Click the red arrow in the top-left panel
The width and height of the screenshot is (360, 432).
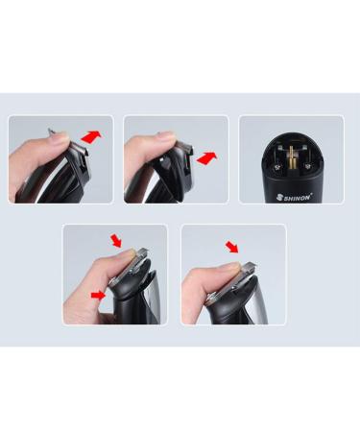tap(92, 137)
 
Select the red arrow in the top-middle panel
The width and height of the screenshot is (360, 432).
tap(207, 158)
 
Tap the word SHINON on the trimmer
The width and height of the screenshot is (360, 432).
tap(298, 198)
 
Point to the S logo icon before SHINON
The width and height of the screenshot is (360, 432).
tap(279, 198)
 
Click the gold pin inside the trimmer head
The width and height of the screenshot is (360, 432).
tap(292, 158)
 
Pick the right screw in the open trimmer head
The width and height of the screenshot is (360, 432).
tap(307, 166)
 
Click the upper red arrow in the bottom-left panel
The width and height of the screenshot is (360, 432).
tap(115, 241)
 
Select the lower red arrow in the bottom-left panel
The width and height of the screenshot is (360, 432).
tap(98, 296)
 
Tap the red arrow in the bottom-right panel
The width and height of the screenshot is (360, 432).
tap(232, 247)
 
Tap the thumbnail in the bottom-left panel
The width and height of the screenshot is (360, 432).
tap(130, 253)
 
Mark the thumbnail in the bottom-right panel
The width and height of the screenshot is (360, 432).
tap(236, 266)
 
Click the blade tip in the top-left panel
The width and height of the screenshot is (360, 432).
tap(50, 130)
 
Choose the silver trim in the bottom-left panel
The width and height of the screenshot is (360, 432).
tap(155, 300)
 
